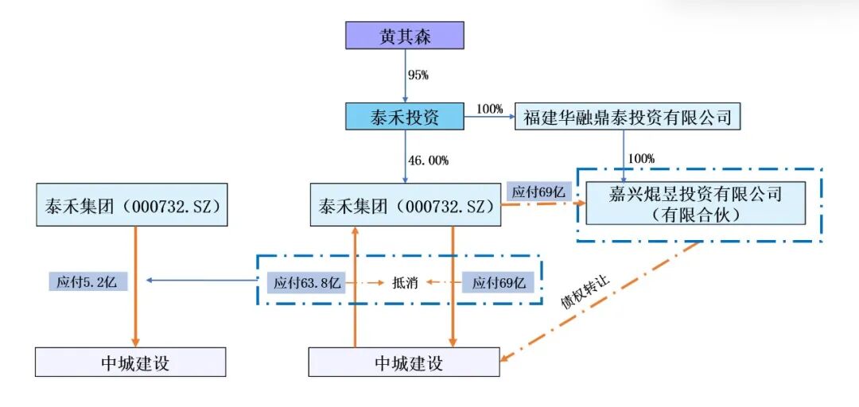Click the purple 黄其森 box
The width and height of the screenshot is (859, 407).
tap(404, 36)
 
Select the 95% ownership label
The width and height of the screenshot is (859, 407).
tap(418, 76)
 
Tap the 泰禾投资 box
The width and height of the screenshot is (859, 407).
tap(404, 116)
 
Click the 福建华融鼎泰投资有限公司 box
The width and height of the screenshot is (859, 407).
tap(628, 118)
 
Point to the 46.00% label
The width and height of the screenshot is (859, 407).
tap(428, 161)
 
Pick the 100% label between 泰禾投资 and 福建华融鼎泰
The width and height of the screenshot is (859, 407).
tap(489, 109)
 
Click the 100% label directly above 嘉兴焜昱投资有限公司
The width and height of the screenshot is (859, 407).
tap(641, 159)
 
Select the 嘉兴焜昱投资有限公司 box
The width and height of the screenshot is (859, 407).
tap(696, 203)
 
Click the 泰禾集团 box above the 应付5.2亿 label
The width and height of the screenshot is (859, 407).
tap(131, 206)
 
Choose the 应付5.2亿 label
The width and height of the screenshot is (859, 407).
tap(87, 281)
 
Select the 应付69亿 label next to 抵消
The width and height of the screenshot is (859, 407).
tap(499, 281)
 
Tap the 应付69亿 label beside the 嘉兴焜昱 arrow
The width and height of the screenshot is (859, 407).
tap(538, 191)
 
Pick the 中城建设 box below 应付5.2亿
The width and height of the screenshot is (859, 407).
tap(130, 362)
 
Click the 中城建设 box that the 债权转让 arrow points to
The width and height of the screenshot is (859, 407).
tap(404, 362)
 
